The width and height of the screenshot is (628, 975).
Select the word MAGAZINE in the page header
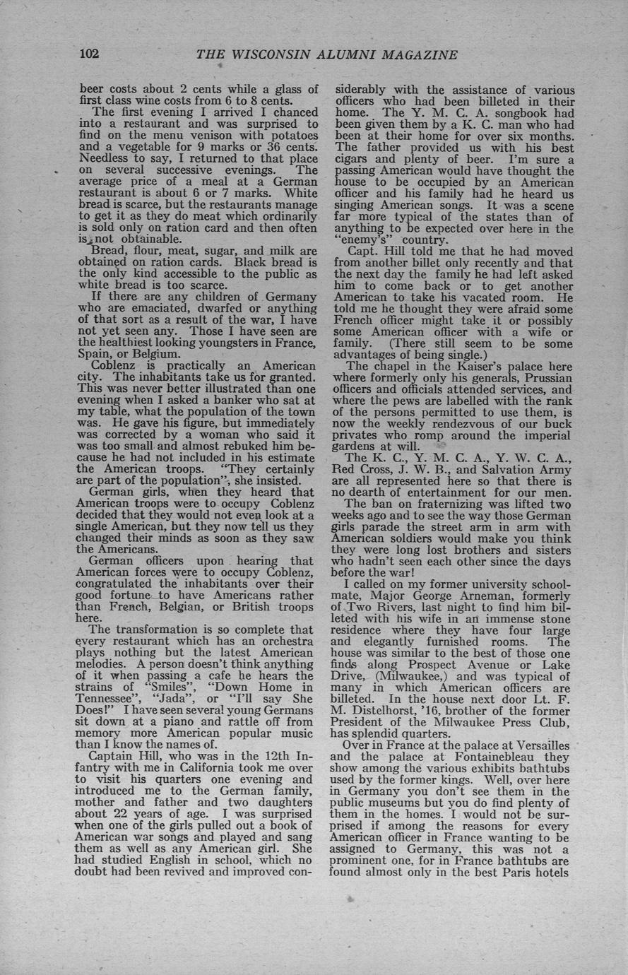[417, 55]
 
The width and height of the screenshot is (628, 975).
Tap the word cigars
[357, 159]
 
